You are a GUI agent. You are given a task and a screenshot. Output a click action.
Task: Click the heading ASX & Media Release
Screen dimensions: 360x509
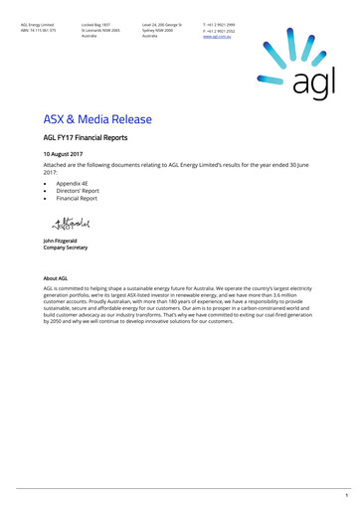click(x=97, y=119)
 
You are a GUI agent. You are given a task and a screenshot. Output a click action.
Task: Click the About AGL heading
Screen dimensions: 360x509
click(x=56, y=279)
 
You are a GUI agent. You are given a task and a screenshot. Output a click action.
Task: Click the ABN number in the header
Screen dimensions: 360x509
click(x=35, y=30)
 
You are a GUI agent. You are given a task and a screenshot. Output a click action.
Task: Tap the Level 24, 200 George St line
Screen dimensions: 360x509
click(x=162, y=24)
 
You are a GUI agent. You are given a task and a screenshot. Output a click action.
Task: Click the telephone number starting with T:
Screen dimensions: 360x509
click(x=220, y=24)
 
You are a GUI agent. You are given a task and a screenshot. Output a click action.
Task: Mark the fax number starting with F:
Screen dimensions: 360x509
click(x=220, y=30)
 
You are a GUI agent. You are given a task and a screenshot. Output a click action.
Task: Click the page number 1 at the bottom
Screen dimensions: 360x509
click(x=346, y=495)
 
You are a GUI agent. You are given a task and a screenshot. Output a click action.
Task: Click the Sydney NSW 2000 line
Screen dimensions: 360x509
click(x=157, y=30)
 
